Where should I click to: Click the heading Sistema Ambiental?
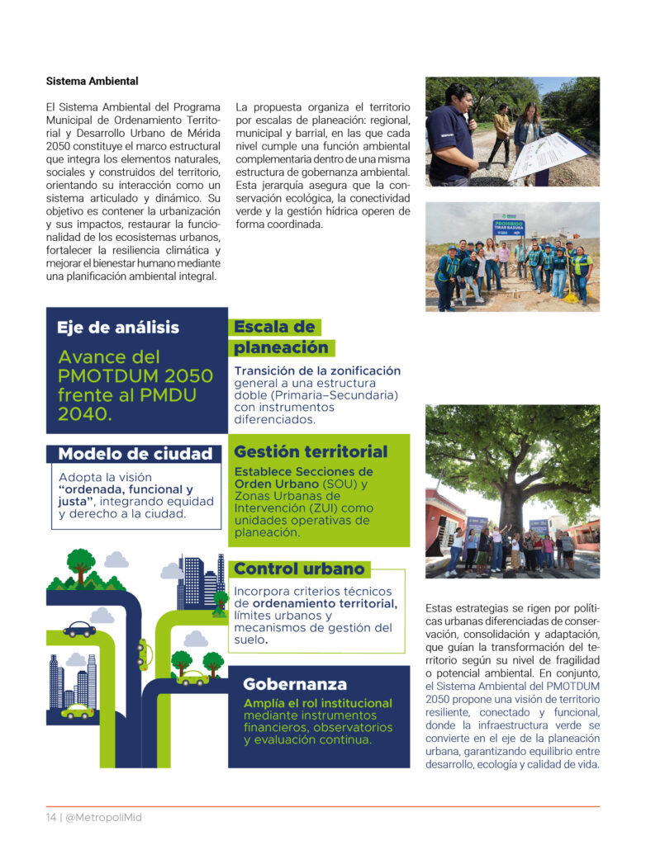(92, 82)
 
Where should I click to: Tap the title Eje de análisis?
(117, 328)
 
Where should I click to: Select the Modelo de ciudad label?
(135, 454)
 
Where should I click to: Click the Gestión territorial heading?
(311, 452)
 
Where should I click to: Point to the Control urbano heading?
(299, 569)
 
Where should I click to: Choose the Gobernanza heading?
(294, 685)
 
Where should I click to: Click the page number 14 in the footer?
(50, 817)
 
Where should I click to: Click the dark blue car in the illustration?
(79, 629)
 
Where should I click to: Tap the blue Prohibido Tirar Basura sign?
(508, 226)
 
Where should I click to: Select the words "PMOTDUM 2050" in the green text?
(135, 376)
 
